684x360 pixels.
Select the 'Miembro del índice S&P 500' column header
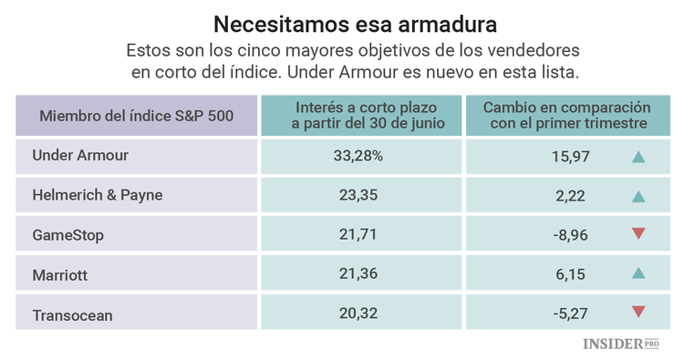click(x=137, y=115)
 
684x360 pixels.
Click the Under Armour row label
click(x=80, y=156)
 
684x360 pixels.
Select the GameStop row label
click(x=67, y=234)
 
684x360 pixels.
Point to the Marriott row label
click(x=60, y=273)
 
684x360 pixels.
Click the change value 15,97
click(x=572, y=157)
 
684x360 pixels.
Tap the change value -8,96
click(x=570, y=234)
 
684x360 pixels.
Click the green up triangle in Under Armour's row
click(x=638, y=157)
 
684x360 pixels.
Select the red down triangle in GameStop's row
click(x=638, y=234)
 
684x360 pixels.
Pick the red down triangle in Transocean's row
click(x=638, y=313)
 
